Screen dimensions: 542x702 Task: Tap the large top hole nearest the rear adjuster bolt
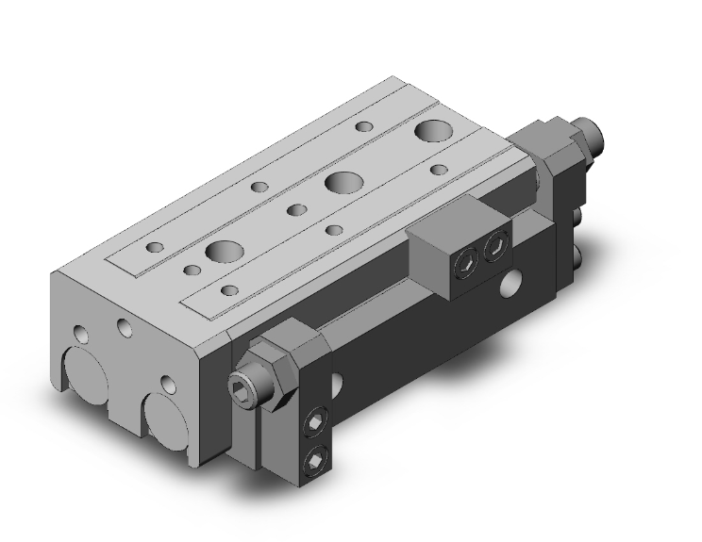(436, 129)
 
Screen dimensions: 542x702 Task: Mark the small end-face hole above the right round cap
(166, 384)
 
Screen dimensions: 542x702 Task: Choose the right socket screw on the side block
(495, 246)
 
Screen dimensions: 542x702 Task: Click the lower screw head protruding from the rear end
(578, 257)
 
